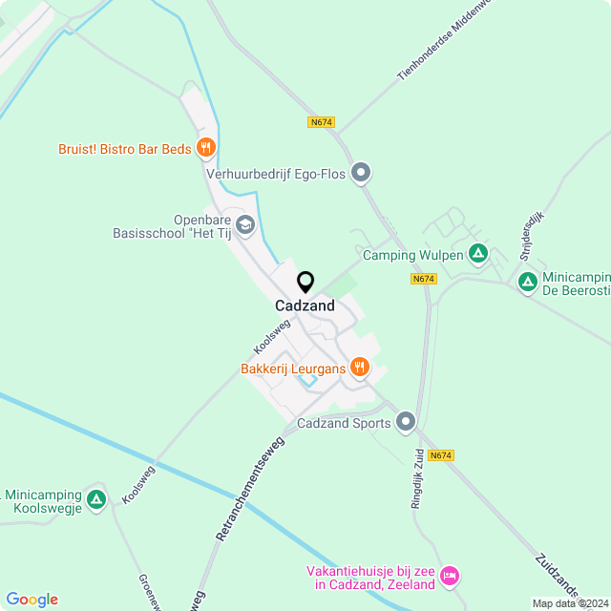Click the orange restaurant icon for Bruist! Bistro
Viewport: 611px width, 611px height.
[205, 147]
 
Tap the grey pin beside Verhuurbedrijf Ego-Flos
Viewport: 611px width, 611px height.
[361, 173]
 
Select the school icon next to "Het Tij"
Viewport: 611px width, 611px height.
[244, 225]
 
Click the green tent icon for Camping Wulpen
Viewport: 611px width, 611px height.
[478, 254]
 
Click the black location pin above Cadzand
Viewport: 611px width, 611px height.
[305, 283]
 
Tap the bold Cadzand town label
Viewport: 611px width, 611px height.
[305, 306]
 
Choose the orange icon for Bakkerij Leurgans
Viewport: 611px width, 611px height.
[359, 367]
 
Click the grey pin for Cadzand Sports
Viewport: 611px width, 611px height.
[407, 422]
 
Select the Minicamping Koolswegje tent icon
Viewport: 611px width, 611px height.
[95, 499]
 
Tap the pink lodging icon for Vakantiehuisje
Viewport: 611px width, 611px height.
[450, 576]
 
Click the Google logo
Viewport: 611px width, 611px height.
[32, 600]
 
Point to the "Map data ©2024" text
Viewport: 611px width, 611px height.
[570, 603]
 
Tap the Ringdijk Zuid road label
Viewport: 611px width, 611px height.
[417, 477]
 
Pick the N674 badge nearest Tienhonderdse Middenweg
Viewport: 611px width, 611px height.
[322, 122]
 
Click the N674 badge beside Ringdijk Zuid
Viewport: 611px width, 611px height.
[440, 455]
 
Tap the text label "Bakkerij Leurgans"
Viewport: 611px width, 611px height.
[293, 368]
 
